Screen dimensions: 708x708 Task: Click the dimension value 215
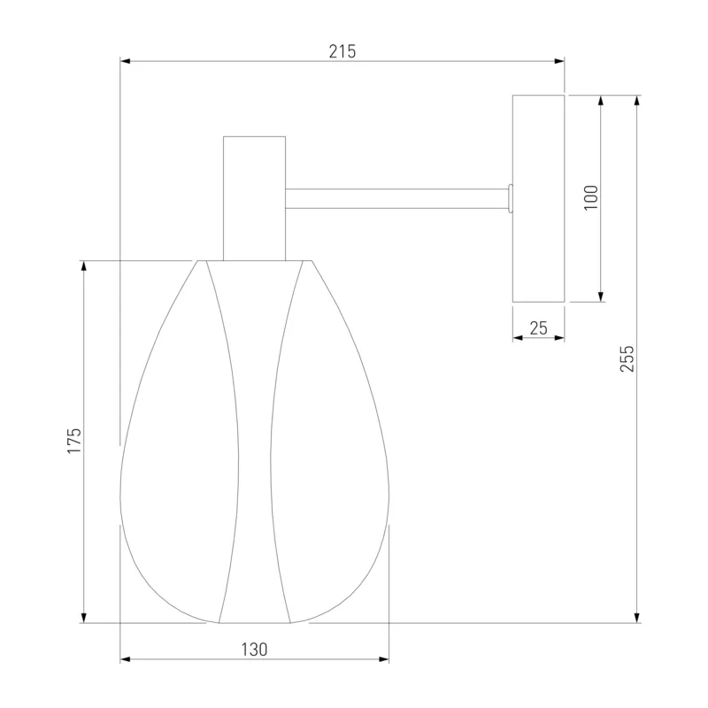coord(342,51)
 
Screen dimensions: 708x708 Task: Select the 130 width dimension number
coord(254,650)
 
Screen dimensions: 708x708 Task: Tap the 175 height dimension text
coord(74,441)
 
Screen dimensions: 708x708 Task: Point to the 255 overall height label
coord(627,359)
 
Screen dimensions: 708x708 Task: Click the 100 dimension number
coord(591,197)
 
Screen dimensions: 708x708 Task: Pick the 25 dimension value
coord(539,328)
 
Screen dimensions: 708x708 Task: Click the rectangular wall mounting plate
coord(538,198)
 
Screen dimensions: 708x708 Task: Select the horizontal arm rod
coord(396,198)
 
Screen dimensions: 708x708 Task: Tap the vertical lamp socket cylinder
coord(254,198)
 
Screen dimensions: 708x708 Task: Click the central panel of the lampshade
coord(254,442)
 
